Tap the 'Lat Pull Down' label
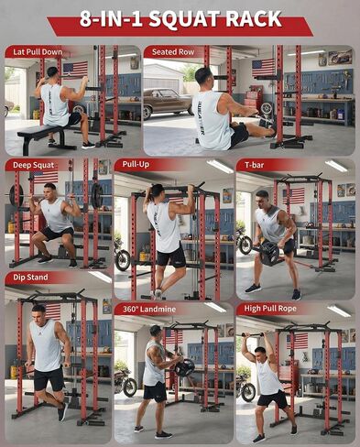pyautogui.click(x=38, y=52)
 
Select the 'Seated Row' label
pyautogui.click(x=173, y=52)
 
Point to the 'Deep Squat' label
pyautogui.click(x=34, y=165)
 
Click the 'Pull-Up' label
pyautogui.click(x=136, y=164)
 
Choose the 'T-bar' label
pyautogui.click(x=255, y=165)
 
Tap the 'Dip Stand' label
pyautogui.click(x=30, y=278)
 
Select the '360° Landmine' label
pyautogui.click(x=149, y=310)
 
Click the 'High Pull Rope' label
pyautogui.click(x=270, y=309)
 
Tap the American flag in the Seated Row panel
pyautogui.click(x=264, y=68)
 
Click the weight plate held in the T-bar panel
pyautogui.click(x=269, y=252)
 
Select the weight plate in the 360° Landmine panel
pyautogui.click(x=184, y=367)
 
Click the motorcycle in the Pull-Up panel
pyautogui.click(x=122, y=255)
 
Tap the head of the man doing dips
pyautogui.click(x=38, y=312)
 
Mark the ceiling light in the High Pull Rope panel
pyautogui.click(x=339, y=311)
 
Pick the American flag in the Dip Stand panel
pyautogui.click(x=52, y=311)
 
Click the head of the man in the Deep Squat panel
pyautogui.click(x=49, y=191)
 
